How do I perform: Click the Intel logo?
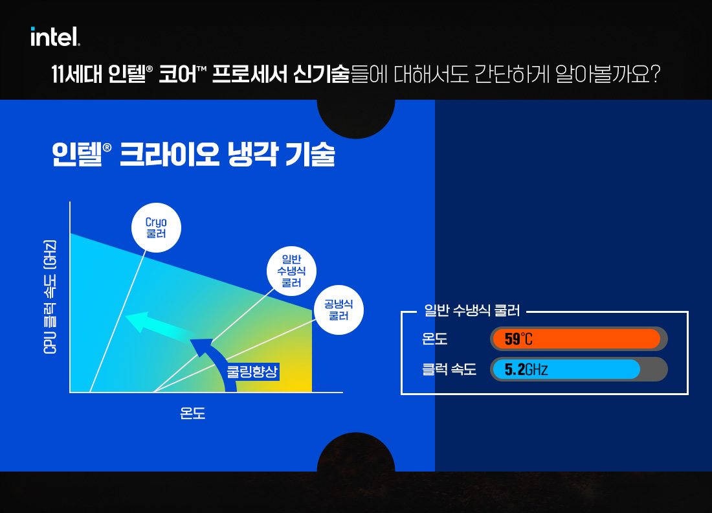coord(56,36)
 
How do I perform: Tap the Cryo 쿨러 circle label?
coord(156,227)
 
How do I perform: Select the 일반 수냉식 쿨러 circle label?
coord(291,271)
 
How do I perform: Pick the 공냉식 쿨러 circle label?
coord(339,310)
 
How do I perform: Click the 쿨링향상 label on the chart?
coord(252,372)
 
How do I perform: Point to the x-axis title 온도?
coord(192,413)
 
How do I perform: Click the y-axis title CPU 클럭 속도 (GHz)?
coord(50,297)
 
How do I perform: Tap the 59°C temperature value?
coord(518,339)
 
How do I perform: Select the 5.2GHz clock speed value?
coord(526,369)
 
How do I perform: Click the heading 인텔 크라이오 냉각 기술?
coord(194,154)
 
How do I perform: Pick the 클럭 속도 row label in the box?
coord(449,369)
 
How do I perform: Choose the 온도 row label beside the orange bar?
coord(434,339)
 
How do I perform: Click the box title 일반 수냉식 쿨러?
coord(472,310)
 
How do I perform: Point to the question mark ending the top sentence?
coord(654,74)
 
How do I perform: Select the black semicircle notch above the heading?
coord(356,118)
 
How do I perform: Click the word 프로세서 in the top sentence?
coord(249,74)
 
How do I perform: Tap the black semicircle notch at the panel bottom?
coord(356,453)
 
